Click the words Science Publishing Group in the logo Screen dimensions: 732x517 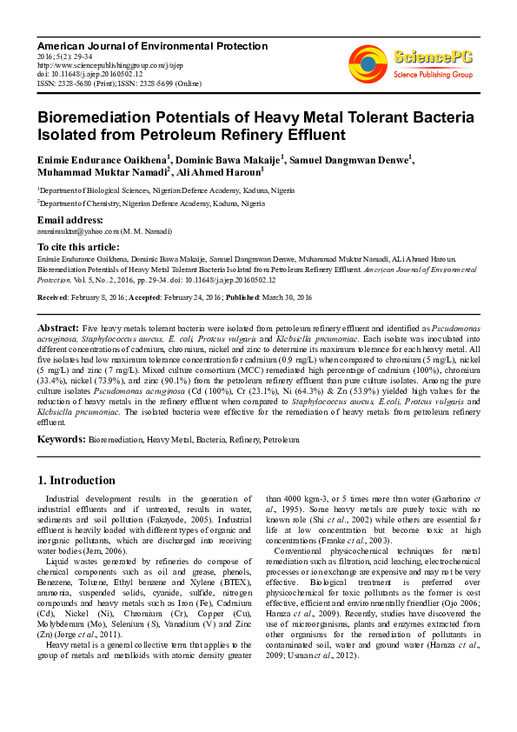pyautogui.click(x=433, y=76)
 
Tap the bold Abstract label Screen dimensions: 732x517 pyautogui.click(x=58, y=327)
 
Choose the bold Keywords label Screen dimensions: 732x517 pyautogui.click(x=61, y=441)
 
